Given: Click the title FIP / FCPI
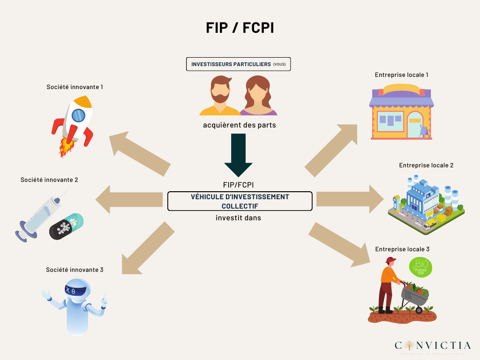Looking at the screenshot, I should (240, 28).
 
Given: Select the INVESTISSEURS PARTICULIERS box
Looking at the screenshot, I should (239, 64).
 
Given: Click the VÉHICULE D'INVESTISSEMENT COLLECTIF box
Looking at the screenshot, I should (240, 201).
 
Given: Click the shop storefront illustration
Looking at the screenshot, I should (401, 112).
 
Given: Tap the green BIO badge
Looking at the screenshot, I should (421, 267).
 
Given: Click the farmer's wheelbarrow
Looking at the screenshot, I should (414, 297).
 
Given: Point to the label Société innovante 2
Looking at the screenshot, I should (49, 180).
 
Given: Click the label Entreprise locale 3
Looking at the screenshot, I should (402, 249).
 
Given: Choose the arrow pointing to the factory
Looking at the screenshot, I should (350, 199).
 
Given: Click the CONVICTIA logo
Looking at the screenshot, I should (432, 346).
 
